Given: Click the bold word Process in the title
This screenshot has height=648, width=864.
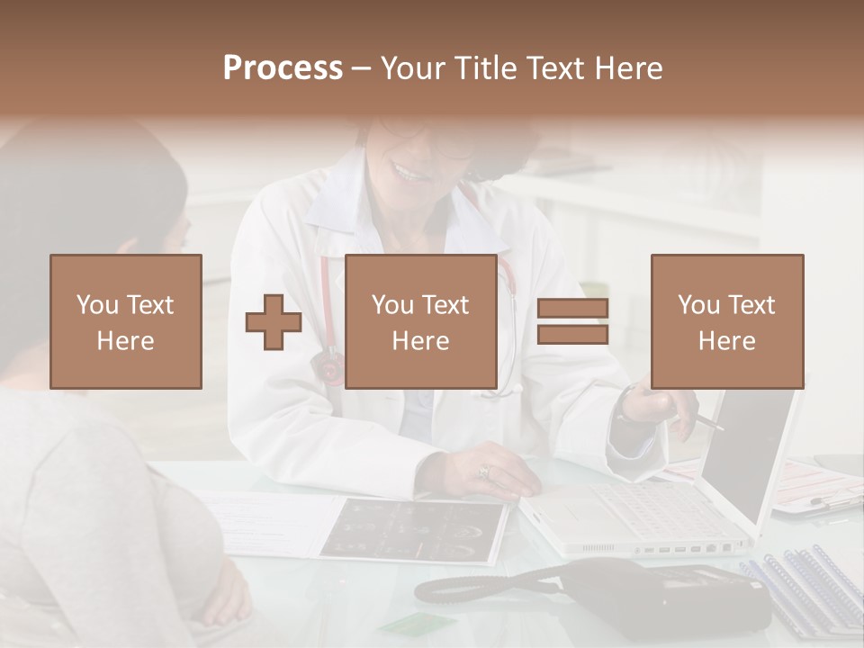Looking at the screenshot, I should (x=283, y=67).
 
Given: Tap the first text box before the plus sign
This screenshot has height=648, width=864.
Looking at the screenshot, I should (x=126, y=321).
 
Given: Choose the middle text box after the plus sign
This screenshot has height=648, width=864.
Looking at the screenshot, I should (x=420, y=321).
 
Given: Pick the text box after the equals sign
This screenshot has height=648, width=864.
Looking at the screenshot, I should (x=726, y=321).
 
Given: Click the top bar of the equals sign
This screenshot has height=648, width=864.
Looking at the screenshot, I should (x=572, y=309).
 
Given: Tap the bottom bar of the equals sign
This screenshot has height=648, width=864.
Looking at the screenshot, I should (x=572, y=335).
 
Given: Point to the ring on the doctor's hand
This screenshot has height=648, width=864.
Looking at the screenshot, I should (x=484, y=471).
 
